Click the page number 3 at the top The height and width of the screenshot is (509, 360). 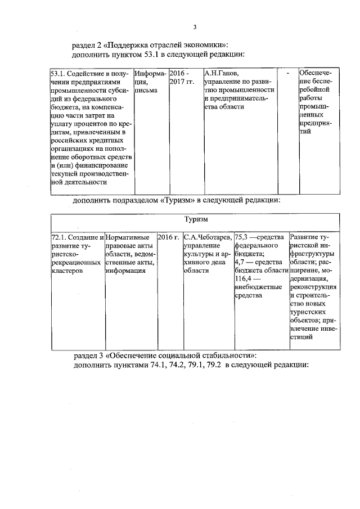pyautogui.click(x=195, y=26)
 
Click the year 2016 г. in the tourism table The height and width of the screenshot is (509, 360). pyautogui.click(x=168, y=237)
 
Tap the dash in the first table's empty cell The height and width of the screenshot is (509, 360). pyautogui.click(x=288, y=74)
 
